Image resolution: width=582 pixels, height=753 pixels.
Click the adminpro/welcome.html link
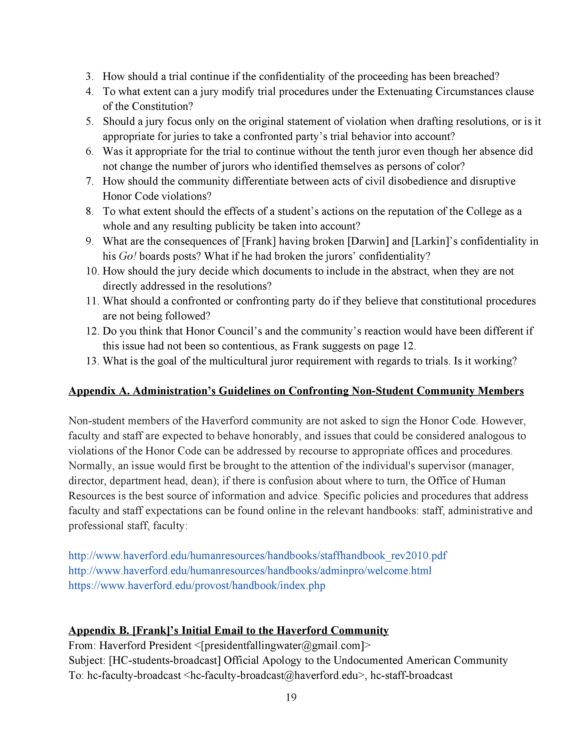250,571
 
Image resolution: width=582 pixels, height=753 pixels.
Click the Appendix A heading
296,391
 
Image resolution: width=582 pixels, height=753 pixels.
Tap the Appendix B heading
228,630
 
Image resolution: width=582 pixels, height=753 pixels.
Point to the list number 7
90,181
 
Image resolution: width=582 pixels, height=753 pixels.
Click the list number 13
92,361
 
